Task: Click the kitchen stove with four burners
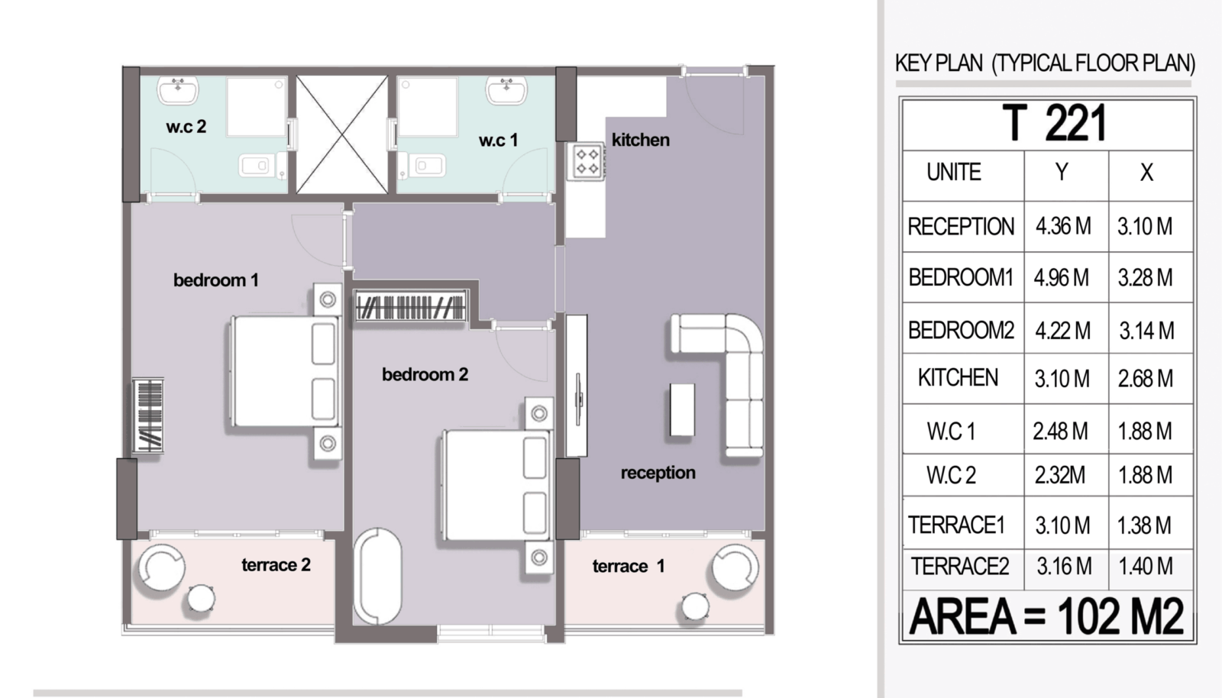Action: click(x=586, y=161)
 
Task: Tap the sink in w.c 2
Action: click(x=178, y=90)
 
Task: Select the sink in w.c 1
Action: click(x=507, y=90)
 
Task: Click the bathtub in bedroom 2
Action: click(x=377, y=577)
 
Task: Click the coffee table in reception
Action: click(x=682, y=409)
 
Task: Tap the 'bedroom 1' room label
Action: click(x=216, y=280)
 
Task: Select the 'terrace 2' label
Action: click(x=276, y=565)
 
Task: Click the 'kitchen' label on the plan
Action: click(x=641, y=141)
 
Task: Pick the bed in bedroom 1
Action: click(x=283, y=371)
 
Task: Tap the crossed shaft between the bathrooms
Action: click(x=342, y=134)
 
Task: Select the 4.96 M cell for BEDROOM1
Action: click(x=1061, y=278)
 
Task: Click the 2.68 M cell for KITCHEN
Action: click(x=1145, y=379)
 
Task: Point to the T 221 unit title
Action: click(x=1054, y=123)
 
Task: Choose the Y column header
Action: click(x=1062, y=173)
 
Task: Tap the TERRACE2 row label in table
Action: click(x=959, y=567)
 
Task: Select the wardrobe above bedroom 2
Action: click(x=410, y=305)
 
